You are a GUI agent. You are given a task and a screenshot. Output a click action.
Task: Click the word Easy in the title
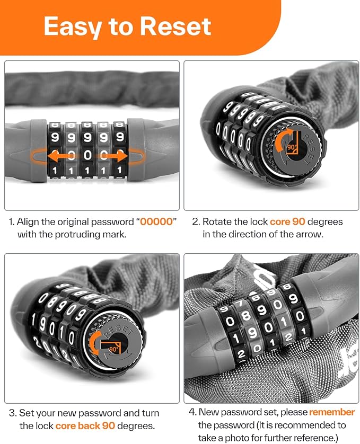click(x=74, y=26)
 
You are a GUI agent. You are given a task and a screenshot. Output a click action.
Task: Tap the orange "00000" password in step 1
click(x=156, y=221)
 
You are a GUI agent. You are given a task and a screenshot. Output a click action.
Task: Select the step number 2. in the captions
click(x=196, y=221)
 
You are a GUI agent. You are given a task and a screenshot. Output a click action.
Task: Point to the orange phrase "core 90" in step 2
click(x=286, y=221)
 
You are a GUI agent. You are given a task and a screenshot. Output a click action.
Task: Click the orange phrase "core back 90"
click(x=84, y=425)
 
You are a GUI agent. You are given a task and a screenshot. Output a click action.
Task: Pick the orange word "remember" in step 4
click(x=332, y=412)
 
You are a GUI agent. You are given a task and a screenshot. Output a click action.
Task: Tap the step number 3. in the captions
click(x=12, y=413)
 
